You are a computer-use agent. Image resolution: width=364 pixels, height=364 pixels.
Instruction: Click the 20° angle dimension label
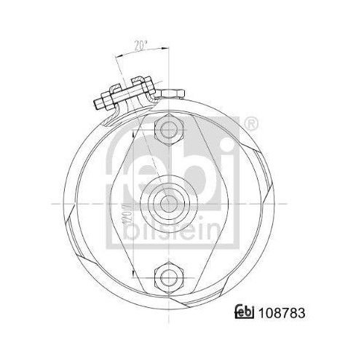141,44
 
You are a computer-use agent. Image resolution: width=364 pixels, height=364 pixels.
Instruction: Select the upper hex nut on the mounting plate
172,130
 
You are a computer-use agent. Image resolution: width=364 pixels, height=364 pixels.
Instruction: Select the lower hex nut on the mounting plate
172,274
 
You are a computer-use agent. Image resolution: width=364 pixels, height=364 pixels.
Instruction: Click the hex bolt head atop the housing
172,92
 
